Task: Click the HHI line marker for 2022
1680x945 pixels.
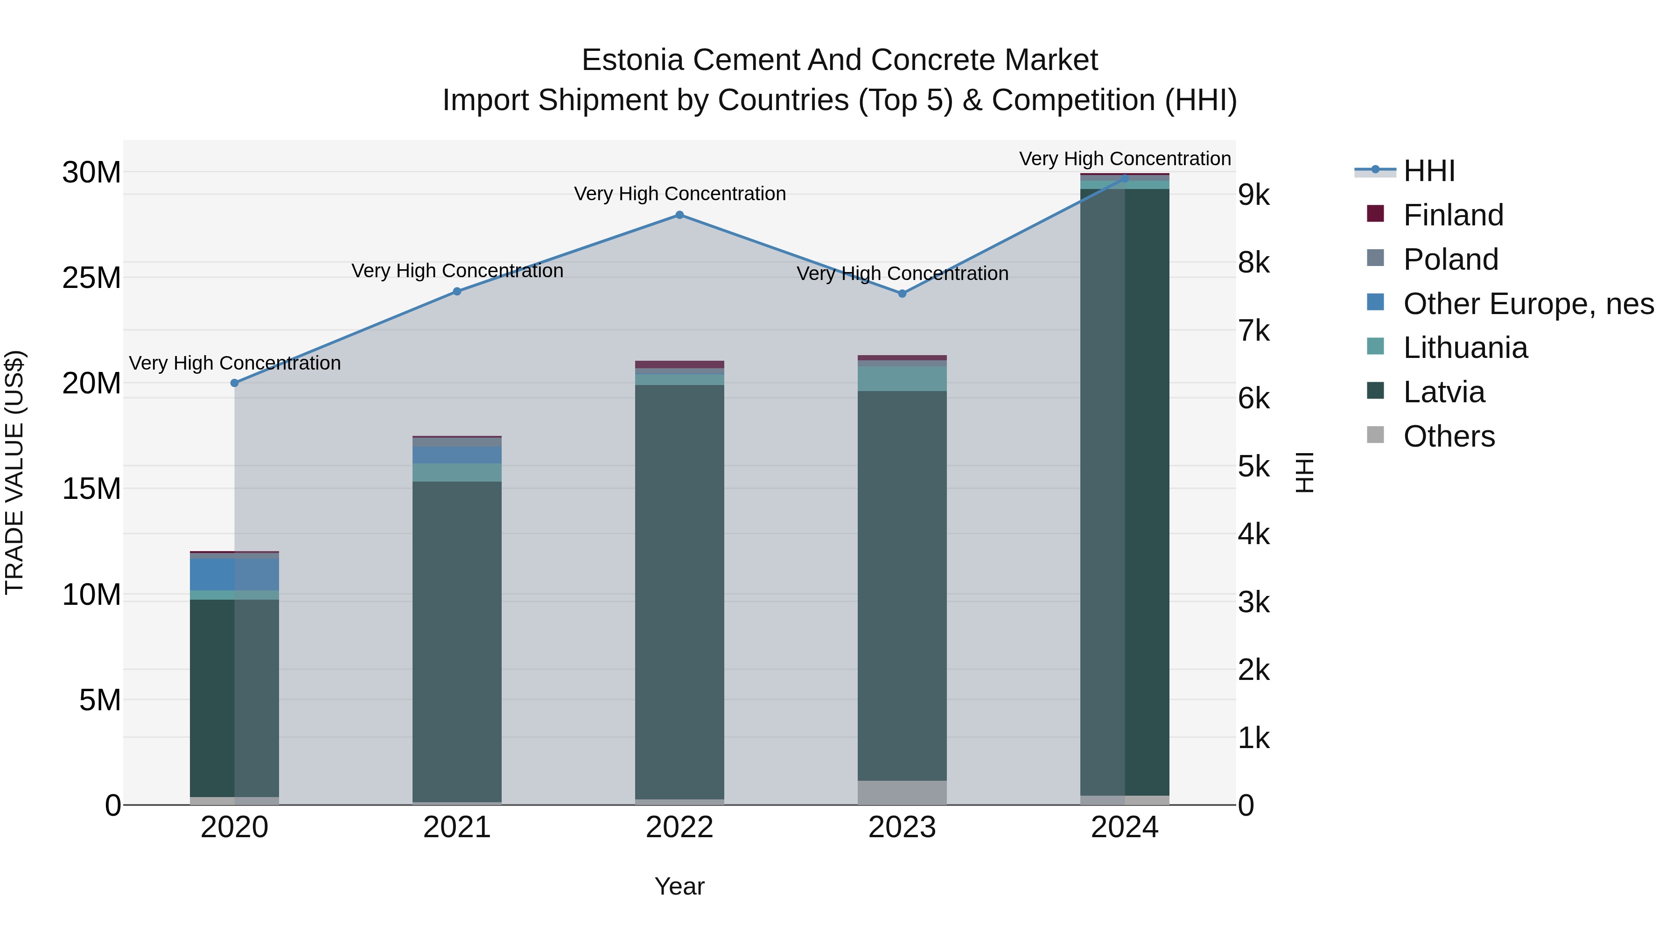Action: (x=679, y=215)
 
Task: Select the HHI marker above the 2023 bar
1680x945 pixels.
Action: (x=902, y=294)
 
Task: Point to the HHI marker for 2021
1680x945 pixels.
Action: (x=457, y=292)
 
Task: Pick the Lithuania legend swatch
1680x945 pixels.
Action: (x=1375, y=346)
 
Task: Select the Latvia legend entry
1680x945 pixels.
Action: (x=1443, y=392)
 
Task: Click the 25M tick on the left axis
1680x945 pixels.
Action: (x=91, y=279)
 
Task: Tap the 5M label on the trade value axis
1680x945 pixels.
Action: (x=100, y=700)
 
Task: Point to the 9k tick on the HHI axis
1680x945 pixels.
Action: (x=1253, y=195)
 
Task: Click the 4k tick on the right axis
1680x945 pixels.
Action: (x=1253, y=535)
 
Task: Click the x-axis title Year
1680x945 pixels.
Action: (x=679, y=886)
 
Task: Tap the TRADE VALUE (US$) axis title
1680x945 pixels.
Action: (x=14, y=472)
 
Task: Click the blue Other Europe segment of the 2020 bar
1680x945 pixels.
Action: (x=234, y=574)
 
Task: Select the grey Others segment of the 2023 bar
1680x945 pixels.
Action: (x=902, y=792)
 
